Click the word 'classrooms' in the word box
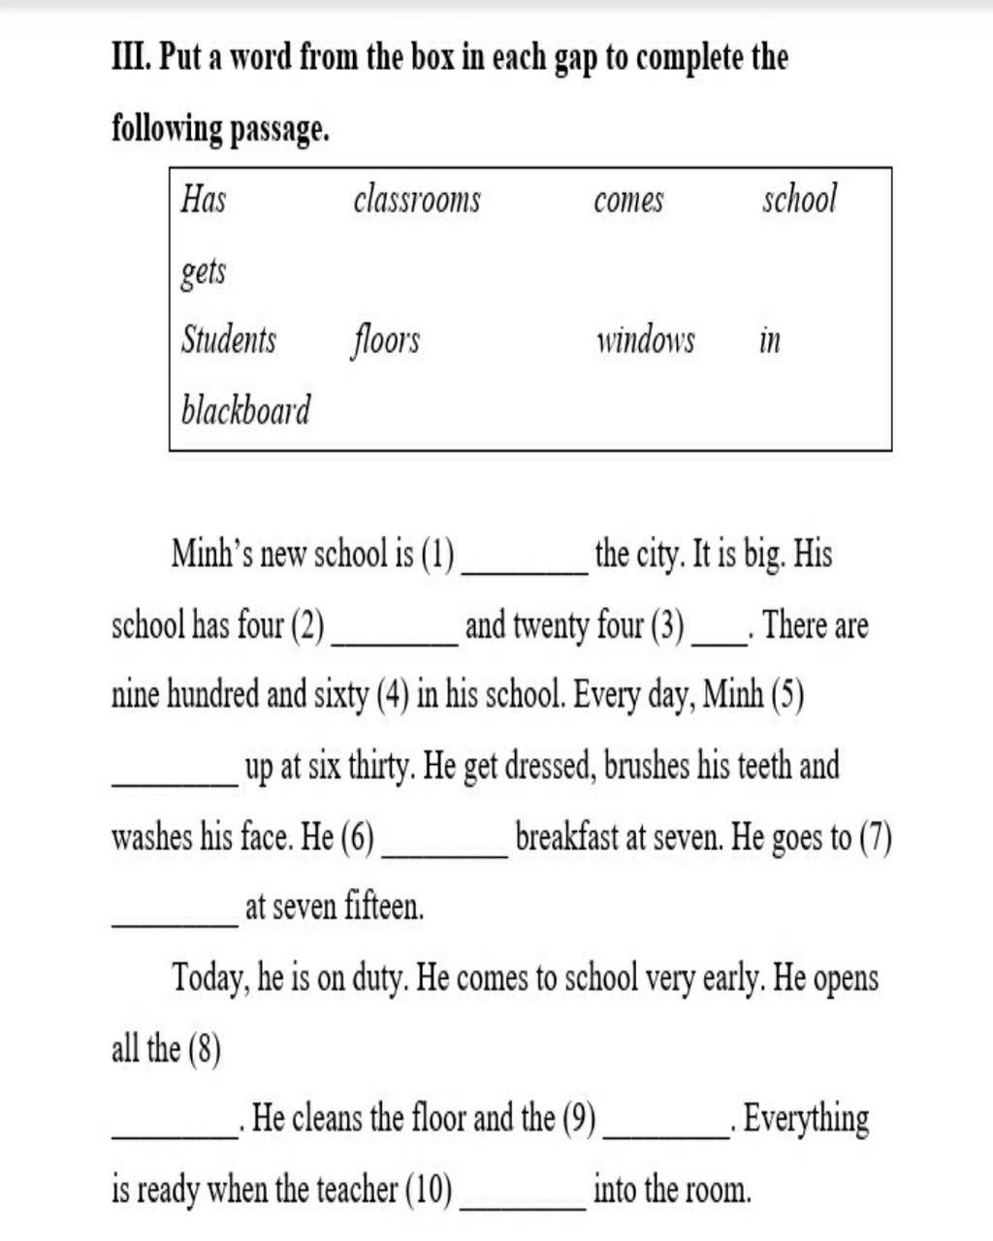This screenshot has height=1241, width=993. pyautogui.click(x=417, y=200)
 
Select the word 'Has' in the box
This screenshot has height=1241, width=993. pyautogui.click(x=204, y=200)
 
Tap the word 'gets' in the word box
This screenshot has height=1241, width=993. pyautogui.click(x=204, y=271)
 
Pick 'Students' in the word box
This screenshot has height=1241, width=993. pyautogui.click(x=229, y=340)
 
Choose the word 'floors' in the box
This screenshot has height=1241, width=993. pyautogui.click(x=385, y=340)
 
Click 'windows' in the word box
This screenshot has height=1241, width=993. pyautogui.click(x=645, y=340)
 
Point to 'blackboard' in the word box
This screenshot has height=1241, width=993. pyautogui.click(x=246, y=410)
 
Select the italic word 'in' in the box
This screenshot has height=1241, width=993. pyautogui.click(x=770, y=340)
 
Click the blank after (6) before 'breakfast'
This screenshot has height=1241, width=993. pyautogui.click(x=445, y=851)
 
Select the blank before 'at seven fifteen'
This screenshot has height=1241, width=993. pyautogui.click(x=176, y=922)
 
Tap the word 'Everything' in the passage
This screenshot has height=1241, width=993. pyautogui.click(x=807, y=1119)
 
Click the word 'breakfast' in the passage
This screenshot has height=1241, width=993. pyautogui.click(x=570, y=837)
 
